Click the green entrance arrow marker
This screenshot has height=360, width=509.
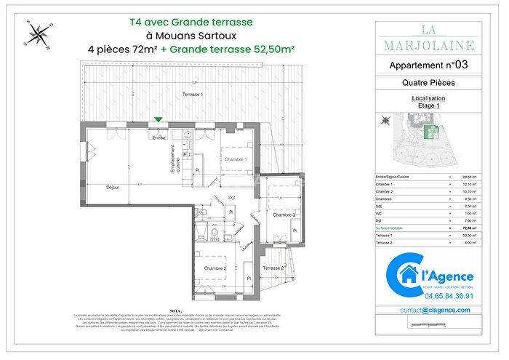pyautogui.click(x=159, y=120)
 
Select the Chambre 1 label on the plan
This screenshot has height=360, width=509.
pyautogui.click(x=235, y=159)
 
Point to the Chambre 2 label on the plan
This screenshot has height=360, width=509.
pyautogui.click(x=216, y=268)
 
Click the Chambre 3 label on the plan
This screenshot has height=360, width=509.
pyautogui.click(x=284, y=215)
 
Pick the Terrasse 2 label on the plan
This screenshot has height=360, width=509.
pyautogui.click(x=273, y=268)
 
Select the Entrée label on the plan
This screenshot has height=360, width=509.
pyautogui.click(x=159, y=137)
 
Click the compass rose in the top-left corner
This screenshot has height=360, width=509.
pyautogui.click(x=40, y=33)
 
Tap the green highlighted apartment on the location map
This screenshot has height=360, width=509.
pyautogui.click(x=430, y=131)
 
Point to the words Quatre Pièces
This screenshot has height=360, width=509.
pyautogui.click(x=428, y=83)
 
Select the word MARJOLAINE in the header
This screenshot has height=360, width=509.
pyautogui.click(x=428, y=46)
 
